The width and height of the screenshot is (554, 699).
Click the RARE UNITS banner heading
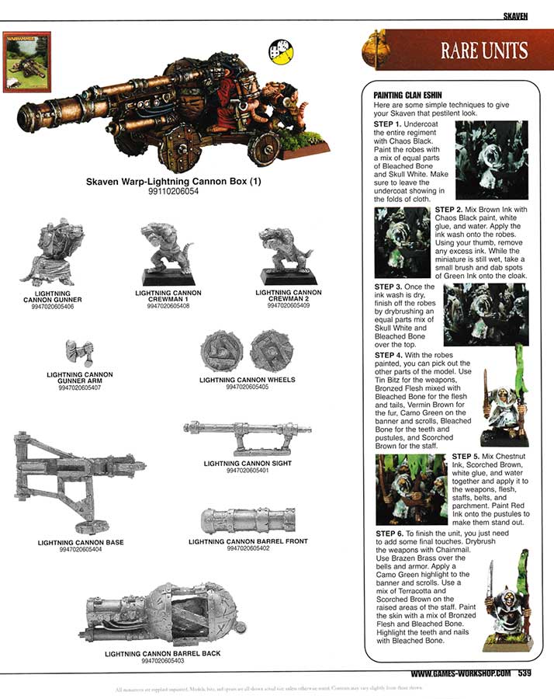(x=484, y=51)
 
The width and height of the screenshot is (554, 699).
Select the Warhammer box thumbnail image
(x=26, y=62)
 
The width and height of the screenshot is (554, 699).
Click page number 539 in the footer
(x=521, y=673)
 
